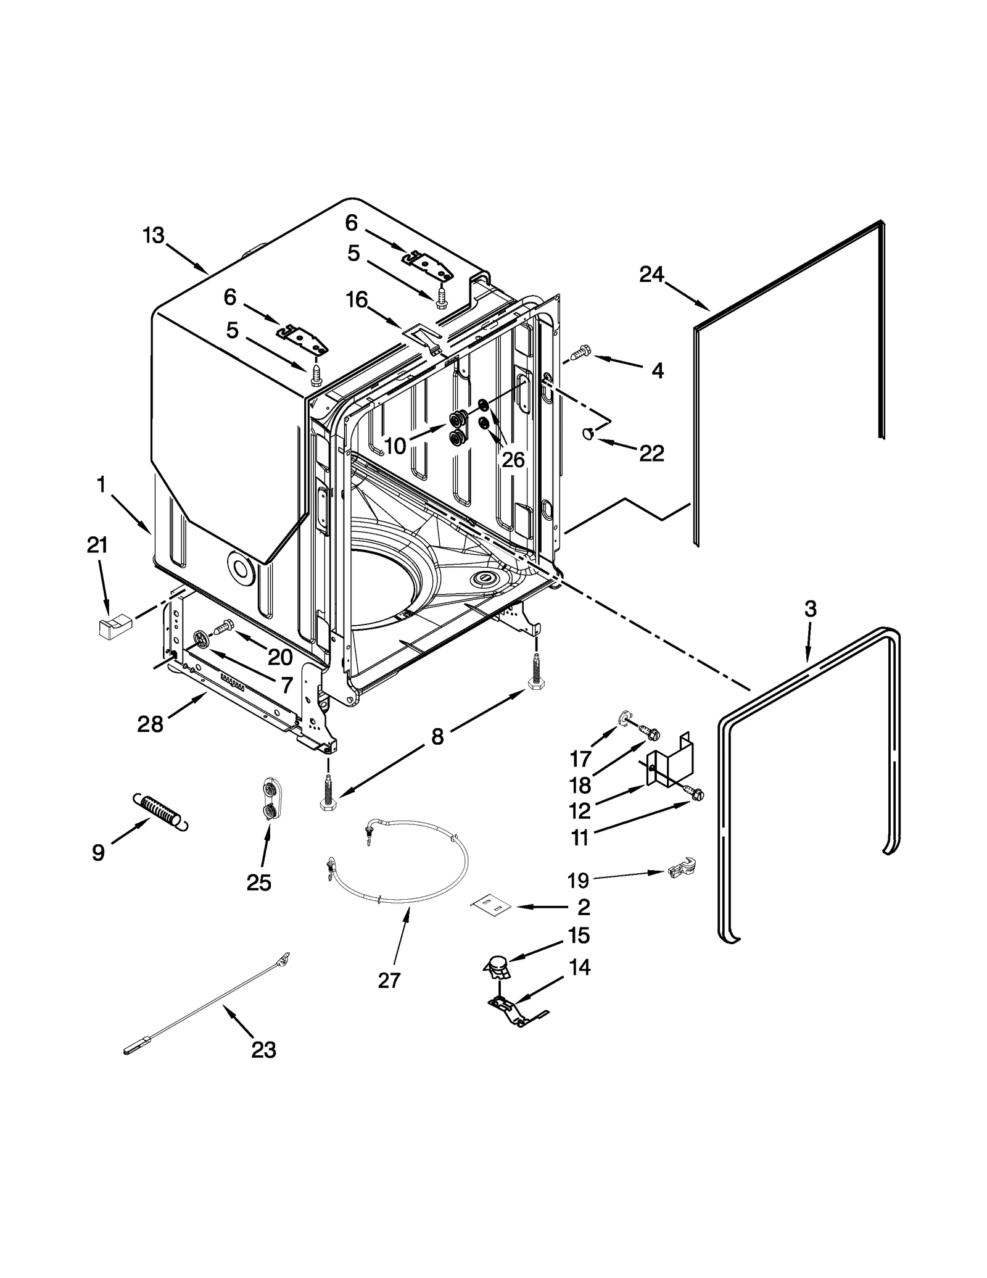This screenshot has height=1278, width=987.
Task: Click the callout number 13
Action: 154,235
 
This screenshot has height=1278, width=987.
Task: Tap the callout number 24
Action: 651,274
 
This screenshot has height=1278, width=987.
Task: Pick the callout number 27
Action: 389,980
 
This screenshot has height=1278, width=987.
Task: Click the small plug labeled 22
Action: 589,434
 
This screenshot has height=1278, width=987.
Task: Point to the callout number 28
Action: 150,723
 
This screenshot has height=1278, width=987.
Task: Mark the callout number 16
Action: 357,300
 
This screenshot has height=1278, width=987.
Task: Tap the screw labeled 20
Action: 221,627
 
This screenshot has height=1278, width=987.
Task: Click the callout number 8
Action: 437,736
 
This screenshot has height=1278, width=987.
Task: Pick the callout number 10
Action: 395,445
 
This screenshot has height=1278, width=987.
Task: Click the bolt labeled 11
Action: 695,795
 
